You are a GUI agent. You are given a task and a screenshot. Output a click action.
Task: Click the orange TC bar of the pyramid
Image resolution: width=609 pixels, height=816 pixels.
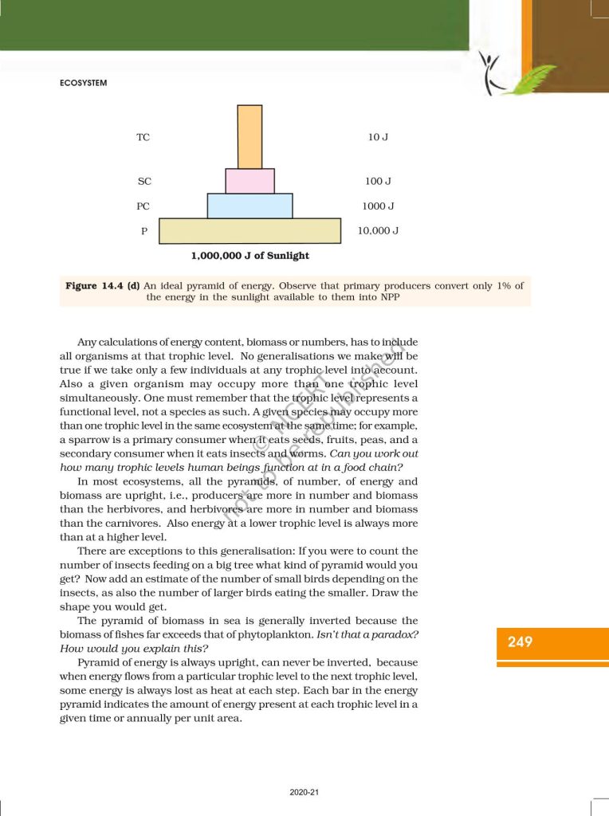[x=249, y=136]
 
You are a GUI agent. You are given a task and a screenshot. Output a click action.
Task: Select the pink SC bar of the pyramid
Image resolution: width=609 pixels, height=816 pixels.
[x=249, y=181]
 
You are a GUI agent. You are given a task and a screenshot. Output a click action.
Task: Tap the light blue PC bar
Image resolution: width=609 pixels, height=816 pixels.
[x=249, y=206]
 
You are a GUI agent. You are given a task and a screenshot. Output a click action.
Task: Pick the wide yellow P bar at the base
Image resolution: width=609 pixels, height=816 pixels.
[x=249, y=231]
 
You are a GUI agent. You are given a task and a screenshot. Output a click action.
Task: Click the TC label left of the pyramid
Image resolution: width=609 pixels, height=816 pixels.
[x=143, y=137]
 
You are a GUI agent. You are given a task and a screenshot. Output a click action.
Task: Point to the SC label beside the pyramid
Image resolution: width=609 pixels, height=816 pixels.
[x=144, y=182]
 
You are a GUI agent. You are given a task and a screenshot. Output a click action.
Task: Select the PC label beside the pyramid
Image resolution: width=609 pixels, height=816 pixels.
[x=143, y=206]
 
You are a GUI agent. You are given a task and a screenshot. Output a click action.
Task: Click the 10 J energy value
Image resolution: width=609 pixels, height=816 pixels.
[x=378, y=137]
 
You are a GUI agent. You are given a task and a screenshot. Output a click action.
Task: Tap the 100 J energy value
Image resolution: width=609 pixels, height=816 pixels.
[x=378, y=182]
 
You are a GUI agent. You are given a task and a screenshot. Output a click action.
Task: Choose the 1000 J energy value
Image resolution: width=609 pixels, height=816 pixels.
[x=378, y=206]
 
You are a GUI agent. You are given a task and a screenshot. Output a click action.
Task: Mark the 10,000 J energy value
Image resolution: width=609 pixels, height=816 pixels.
[x=379, y=231]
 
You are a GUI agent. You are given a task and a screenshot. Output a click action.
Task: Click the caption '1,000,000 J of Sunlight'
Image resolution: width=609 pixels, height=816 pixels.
[x=249, y=256]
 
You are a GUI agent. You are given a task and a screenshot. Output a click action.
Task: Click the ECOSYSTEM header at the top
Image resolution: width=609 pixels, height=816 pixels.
[x=84, y=82]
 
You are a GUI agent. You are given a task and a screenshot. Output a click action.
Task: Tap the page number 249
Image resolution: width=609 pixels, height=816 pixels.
[x=520, y=641]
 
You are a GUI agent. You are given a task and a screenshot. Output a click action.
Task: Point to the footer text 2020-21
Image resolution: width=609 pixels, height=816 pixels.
[x=304, y=792]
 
